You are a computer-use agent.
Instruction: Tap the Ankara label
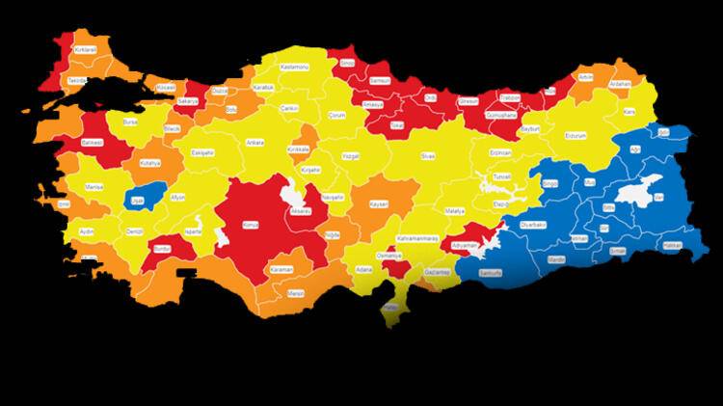point(255,142)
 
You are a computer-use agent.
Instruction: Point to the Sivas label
point(427,154)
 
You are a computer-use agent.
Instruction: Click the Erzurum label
point(575,136)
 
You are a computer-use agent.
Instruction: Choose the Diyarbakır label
point(533,224)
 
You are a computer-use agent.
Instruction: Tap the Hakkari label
point(671,245)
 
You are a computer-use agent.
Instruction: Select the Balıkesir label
point(93,142)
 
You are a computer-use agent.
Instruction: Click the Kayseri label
point(378,204)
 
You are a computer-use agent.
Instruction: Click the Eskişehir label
point(201,152)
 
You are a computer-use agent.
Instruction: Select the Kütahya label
point(150,165)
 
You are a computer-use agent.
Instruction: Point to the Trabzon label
point(511,96)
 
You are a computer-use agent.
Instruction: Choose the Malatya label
point(455,210)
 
